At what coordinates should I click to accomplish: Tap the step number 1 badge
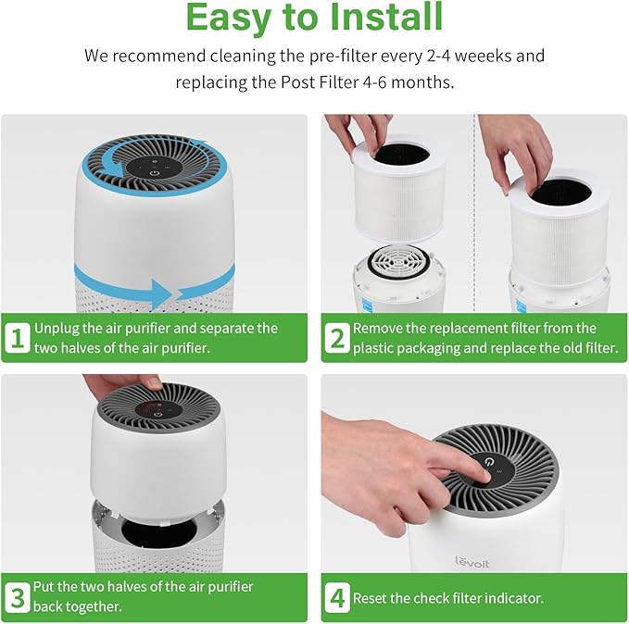coord(17,338)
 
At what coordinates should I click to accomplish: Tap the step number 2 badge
coord(336,338)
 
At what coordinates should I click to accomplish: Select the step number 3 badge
coord(17,597)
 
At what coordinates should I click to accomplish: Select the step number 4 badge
coord(336,597)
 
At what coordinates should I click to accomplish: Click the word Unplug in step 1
coord(58,329)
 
